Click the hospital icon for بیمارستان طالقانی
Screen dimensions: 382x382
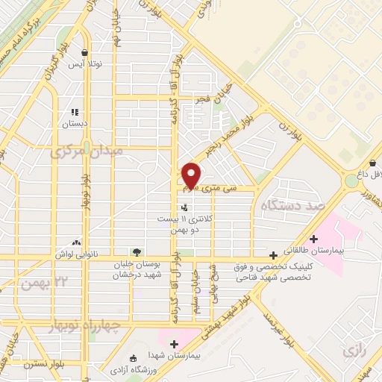pyautogui.click(x=313, y=239)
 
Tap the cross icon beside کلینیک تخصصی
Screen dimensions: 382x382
pyautogui.click(x=275, y=254)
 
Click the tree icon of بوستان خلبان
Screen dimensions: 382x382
pyautogui.click(x=136, y=252)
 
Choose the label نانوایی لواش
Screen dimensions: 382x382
pyautogui.click(x=78, y=254)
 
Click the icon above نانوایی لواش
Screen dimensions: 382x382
pyautogui.click(x=77, y=242)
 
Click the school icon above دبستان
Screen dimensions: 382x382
pyautogui.click(x=75, y=112)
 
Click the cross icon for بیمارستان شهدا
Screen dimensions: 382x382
pyautogui.click(x=173, y=344)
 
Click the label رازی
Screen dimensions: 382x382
pyautogui.click(x=351, y=350)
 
